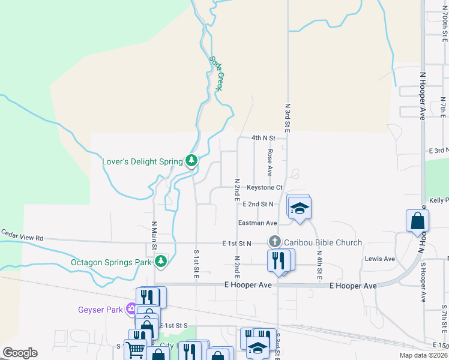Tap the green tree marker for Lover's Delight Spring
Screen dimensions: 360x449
[191, 160]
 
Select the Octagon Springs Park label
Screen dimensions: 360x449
[111, 262]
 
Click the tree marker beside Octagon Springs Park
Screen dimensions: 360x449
[160, 261]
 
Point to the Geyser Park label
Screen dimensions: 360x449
[100, 310]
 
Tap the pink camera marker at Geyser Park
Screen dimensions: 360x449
[130, 310]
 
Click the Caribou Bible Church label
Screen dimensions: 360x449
[323, 242]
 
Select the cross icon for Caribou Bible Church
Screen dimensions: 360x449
[275, 242]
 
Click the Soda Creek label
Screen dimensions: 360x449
[217, 73]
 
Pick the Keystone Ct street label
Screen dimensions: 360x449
[264, 188]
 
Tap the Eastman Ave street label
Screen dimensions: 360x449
[258, 223]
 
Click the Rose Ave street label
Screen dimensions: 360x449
[270, 163]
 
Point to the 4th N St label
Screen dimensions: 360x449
[263, 137]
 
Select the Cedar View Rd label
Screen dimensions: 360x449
[22, 237]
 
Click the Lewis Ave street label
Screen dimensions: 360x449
[380, 259]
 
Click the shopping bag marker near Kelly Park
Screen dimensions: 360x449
[417, 221]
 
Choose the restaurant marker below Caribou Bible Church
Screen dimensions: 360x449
[277, 260]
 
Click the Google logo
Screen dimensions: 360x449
[20, 353]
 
